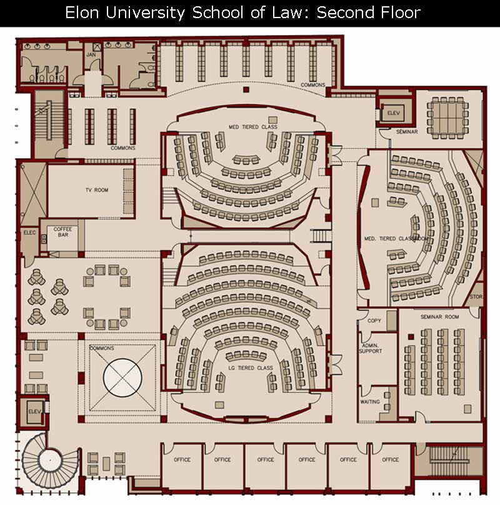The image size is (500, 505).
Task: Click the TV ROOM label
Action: pyautogui.click(x=97, y=190)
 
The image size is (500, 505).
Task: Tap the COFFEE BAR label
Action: pyautogui.click(x=63, y=232)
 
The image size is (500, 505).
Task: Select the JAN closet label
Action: pyautogui.click(x=91, y=55)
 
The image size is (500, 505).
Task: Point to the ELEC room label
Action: pyautogui.click(x=29, y=232)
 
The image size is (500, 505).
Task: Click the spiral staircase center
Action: pyautogui.click(x=50, y=461)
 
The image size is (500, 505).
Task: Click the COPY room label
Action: pyautogui.click(x=374, y=321)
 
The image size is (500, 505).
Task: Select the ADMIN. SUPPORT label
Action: pyautogui.click(x=371, y=348)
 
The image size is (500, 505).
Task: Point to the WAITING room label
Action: pyautogui.click(x=370, y=402)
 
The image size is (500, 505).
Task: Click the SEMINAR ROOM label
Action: pyautogui.click(x=440, y=317)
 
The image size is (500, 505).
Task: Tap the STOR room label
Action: pyautogui.click(x=476, y=297)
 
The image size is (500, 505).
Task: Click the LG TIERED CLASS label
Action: pyautogui.click(x=251, y=367)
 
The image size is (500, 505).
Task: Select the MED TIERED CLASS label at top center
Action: pyautogui.click(x=253, y=127)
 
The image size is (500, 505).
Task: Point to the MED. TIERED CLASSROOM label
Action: pyautogui.click(x=396, y=239)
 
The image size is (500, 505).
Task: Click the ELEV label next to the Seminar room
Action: pyautogui.click(x=393, y=113)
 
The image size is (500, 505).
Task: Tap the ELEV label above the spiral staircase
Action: pyautogui.click(x=34, y=412)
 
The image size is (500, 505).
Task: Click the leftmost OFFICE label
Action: pyautogui.click(x=182, y=459)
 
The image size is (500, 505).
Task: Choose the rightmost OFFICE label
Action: pyautogui.click(x=390, y=459)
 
